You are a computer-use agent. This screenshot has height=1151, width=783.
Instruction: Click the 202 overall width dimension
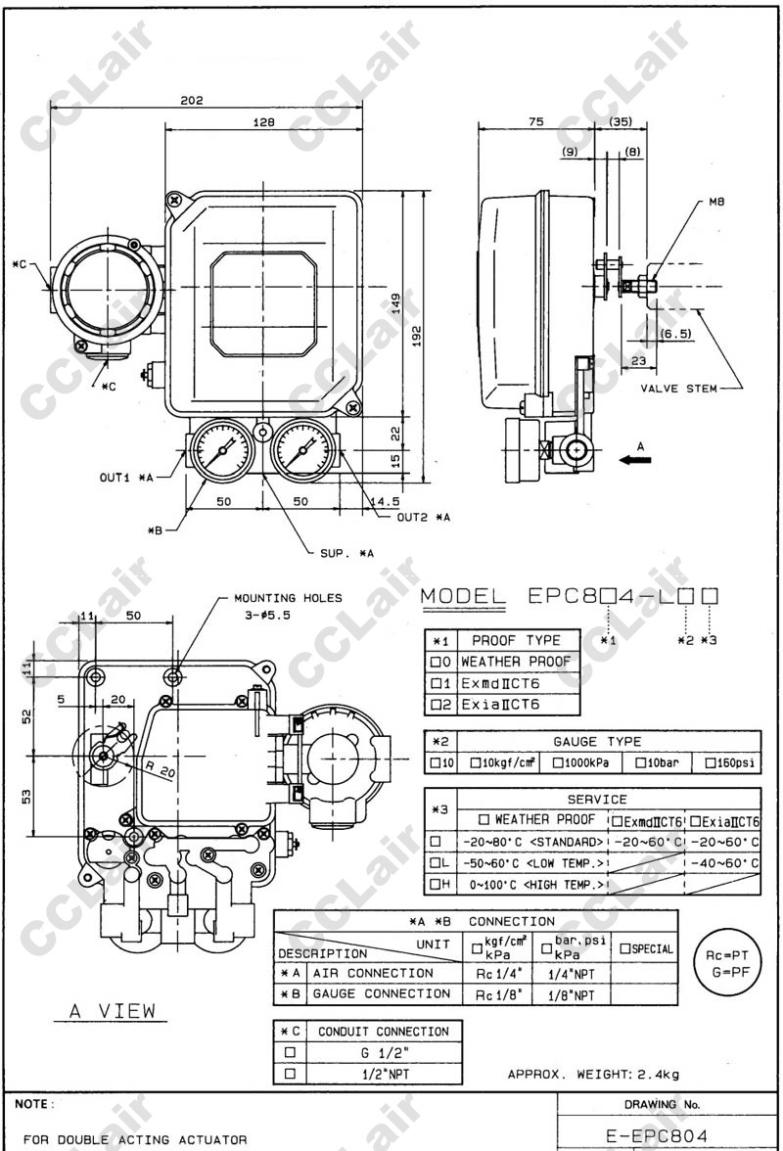[x=193, y=100]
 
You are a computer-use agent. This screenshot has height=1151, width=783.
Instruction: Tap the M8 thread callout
[x=715, y=203]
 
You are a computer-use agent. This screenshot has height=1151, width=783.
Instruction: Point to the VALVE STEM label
[x=677, y=389]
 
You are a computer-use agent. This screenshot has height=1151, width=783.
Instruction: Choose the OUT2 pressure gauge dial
[x=301, y=452]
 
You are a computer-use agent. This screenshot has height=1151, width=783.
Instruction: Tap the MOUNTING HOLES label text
[x=288, y=597]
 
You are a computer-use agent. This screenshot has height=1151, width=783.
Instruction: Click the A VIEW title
[x=113, y=1011]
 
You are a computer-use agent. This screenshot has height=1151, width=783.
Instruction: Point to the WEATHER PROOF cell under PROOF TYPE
[x=516, y=662]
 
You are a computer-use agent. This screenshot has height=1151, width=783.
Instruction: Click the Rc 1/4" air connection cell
[x=498, y=973]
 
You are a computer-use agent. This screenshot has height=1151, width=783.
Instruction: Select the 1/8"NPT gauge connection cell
[x=572, y=994]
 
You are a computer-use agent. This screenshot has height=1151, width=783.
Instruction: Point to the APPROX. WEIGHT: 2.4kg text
[x=593, y=1075]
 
